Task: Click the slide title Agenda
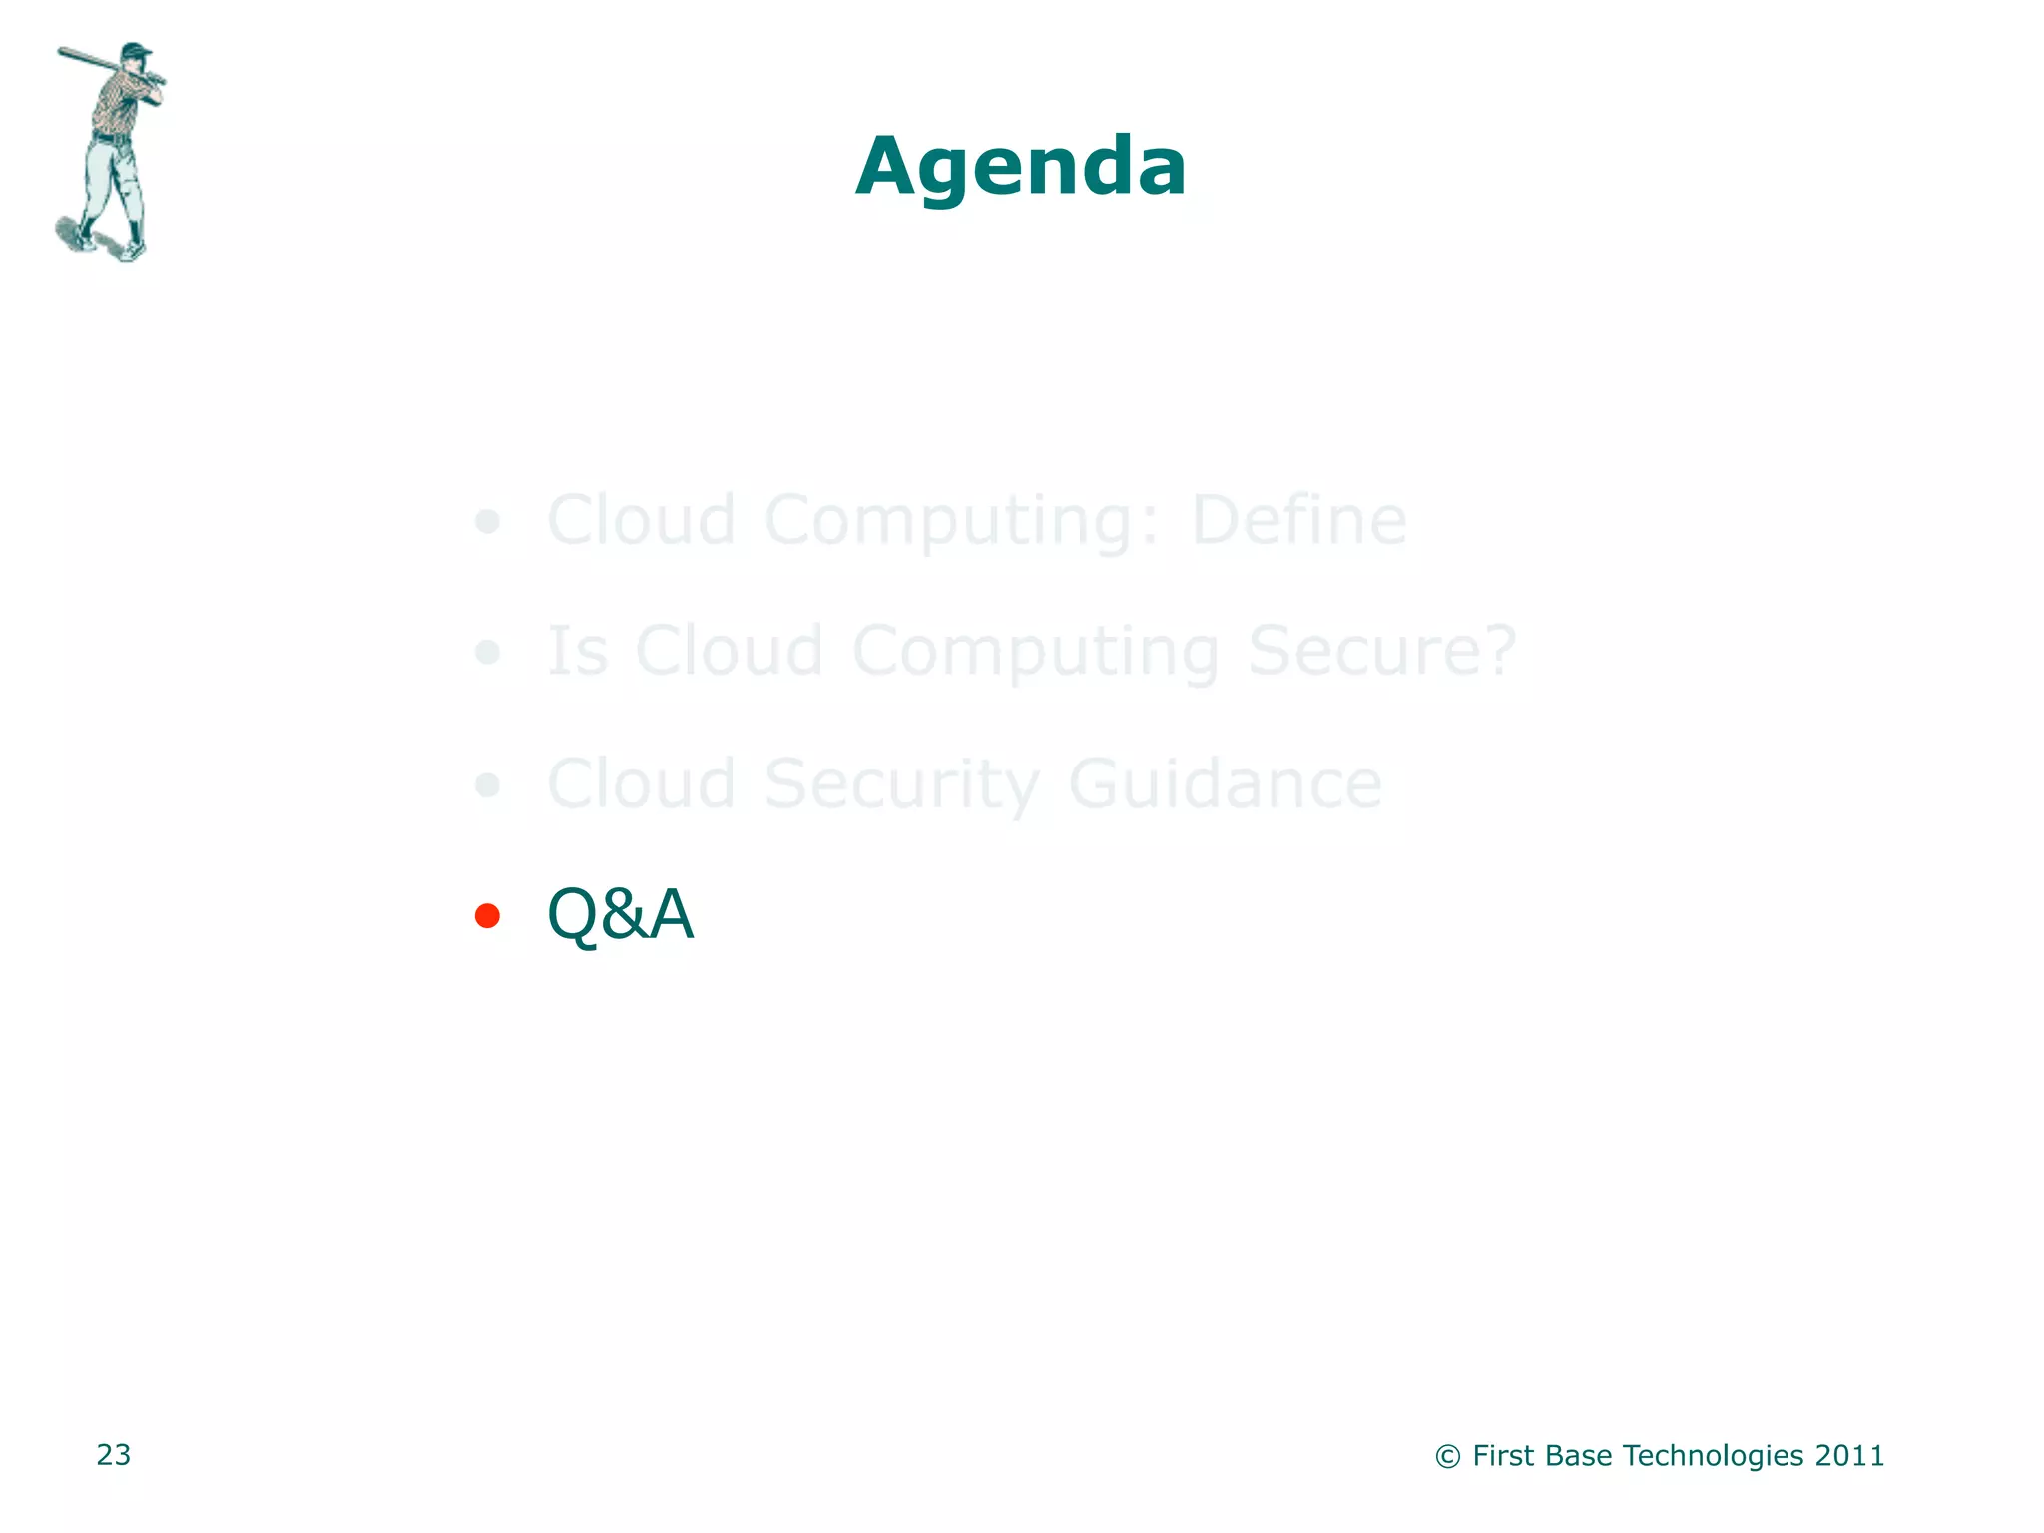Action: tap(1021, 167)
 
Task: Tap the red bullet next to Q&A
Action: tap(487, 915)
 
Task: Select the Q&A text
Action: tap(620, 914)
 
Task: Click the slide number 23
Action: tap(114, 1455)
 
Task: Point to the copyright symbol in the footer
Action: tap(1448, 1457)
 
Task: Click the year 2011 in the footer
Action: tap(1849, 1456)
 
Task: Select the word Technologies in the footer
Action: tap(1713, 1456)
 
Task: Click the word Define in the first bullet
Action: tap(1298, 520)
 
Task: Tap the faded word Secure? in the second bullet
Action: tap(1381, 651)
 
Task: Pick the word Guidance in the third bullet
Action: tap(1225, 784)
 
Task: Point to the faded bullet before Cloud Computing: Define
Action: tap(487, 521)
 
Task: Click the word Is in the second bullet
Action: tap(578, 651)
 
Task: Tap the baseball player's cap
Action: tap(136, 50)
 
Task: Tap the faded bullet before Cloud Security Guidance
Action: tap(487, 785)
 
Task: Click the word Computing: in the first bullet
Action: tap(962, 520)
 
